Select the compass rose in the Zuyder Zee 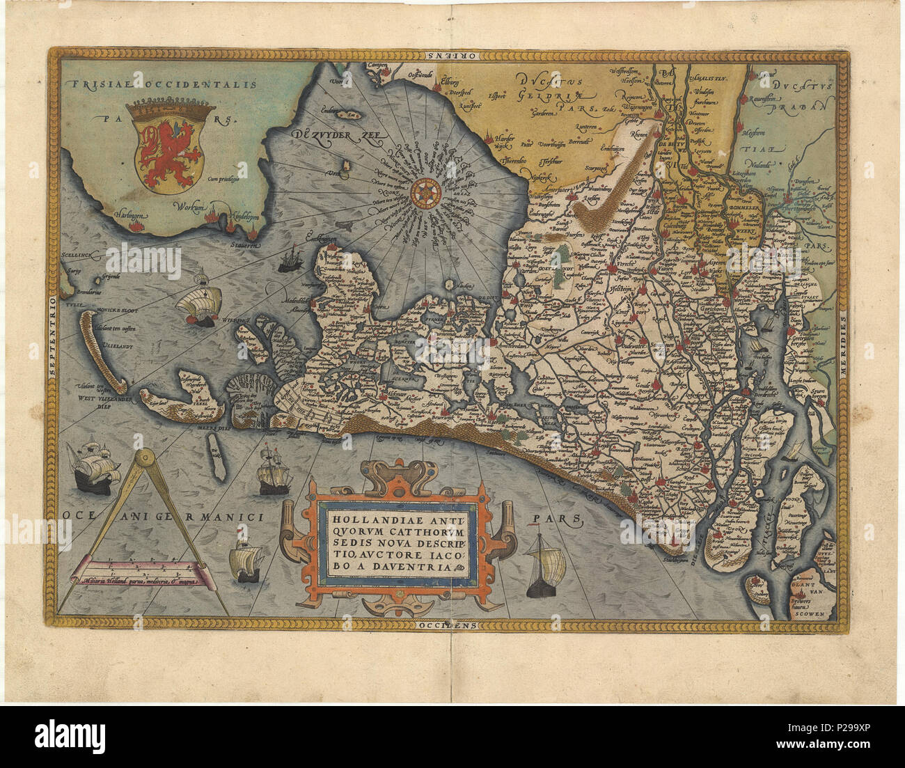tap(423, 193)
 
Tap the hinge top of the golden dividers tap(145, 458)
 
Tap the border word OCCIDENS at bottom tap(448, 625)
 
